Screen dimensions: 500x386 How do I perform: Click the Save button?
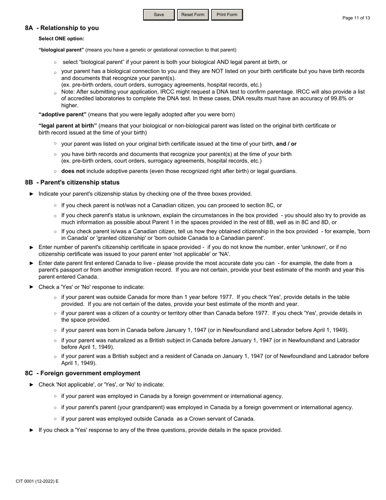click(x=159, y=15)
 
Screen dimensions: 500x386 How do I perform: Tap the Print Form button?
click(x=227, y=15)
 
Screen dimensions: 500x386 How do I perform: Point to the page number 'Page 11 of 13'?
click(x=356, y=18)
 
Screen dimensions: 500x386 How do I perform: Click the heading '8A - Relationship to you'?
click(x=62, y=28)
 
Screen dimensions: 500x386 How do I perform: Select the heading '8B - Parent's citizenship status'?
click(x=72, y=182)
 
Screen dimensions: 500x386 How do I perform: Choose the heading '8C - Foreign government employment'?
click(x=82, y=373)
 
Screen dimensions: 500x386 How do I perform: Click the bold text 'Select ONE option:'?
click(x=61, y=39)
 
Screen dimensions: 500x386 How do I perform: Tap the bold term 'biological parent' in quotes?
click(x=61, y=50)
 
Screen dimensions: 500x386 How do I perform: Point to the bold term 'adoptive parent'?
click(x=63, y=114)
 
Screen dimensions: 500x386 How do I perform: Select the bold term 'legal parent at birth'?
click(x=67, y=126)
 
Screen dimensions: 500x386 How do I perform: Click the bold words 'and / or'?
click(x=286, y=144)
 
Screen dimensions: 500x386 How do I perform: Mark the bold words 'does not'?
click(x=73, y=171)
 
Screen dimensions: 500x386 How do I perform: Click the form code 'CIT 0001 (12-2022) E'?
click(x=37, y=481)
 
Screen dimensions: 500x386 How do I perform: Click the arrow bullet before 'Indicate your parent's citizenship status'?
click(x=32, y=194)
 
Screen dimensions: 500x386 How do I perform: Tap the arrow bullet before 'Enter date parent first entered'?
click(x=32, y=263)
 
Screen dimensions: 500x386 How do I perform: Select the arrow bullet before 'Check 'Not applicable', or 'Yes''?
click(x=32, y=385)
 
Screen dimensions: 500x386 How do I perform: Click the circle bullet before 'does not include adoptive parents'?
click(x=55, y=171)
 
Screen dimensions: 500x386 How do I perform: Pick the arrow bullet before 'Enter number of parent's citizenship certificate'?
click(x=32, y=247)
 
